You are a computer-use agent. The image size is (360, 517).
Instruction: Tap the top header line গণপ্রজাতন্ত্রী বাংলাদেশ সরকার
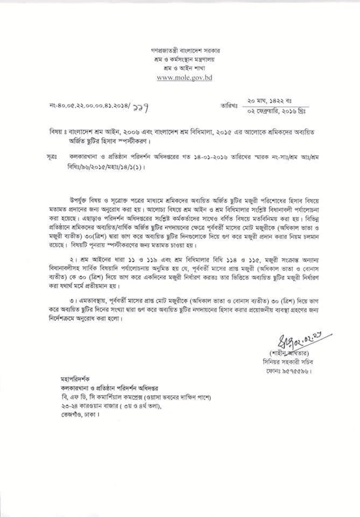point(185,50)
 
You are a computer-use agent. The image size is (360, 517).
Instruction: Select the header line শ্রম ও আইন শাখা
point(185,68)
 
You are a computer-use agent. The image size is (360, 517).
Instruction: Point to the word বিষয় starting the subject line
point(54,130)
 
